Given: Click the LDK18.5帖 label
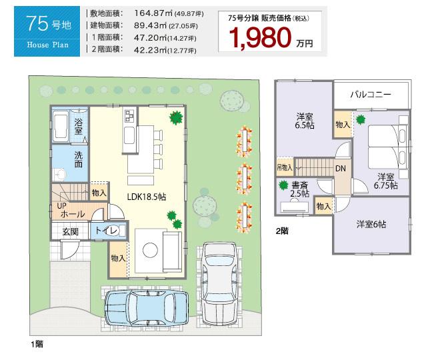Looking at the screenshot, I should (x=147, y=196).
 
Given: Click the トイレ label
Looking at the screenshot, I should (x=106, y=231).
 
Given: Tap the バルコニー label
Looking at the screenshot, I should (x=371, y=95).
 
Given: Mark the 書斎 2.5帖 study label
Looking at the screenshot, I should (x=299, y=189).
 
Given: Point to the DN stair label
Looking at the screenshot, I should (x=340, y=169).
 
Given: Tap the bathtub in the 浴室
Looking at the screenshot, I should (x=60, y=125).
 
